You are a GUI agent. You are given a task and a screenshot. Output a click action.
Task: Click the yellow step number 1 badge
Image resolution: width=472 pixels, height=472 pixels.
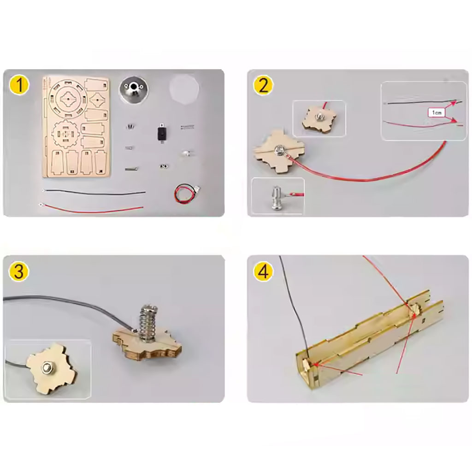(x=19, y=85)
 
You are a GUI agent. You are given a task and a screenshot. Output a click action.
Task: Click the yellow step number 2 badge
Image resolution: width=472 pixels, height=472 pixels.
(x=263, y=85)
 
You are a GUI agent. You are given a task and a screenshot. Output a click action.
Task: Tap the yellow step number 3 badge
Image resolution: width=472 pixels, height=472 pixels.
(x=18, y=271)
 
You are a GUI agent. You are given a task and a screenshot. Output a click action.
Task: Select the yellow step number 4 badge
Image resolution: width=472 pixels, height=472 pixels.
(x=263, y=271)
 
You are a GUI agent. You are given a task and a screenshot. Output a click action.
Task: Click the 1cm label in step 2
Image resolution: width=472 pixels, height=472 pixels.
(x=436, y=112)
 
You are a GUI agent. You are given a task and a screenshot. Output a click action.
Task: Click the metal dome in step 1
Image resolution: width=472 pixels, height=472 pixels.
(x=133, y=89)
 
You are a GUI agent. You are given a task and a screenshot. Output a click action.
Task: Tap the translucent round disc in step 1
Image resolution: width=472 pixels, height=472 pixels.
(x=183, y=89)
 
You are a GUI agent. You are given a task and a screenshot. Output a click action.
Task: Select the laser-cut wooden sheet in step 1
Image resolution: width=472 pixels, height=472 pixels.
(x=77, y=127)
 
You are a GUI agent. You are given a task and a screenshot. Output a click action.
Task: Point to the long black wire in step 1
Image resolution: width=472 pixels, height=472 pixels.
(x=94, y=191)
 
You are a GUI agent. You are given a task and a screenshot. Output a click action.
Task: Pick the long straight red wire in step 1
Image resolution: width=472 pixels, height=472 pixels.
(x=91, y=208)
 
